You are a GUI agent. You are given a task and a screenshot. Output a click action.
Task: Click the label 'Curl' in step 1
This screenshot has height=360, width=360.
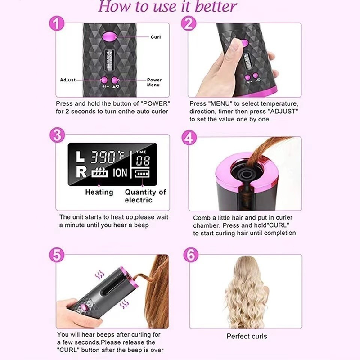click(x=156, y=37)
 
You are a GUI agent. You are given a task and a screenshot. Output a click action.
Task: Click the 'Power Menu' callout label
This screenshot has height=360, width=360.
click(x=154, y=82)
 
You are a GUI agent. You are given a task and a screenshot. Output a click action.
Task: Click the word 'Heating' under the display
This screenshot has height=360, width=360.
click(x=99, y=192)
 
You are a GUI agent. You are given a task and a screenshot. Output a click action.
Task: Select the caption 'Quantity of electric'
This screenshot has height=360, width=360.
click(x=145, y=196)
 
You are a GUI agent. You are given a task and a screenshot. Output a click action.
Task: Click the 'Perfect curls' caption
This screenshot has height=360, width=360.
click(x=246, y=336)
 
